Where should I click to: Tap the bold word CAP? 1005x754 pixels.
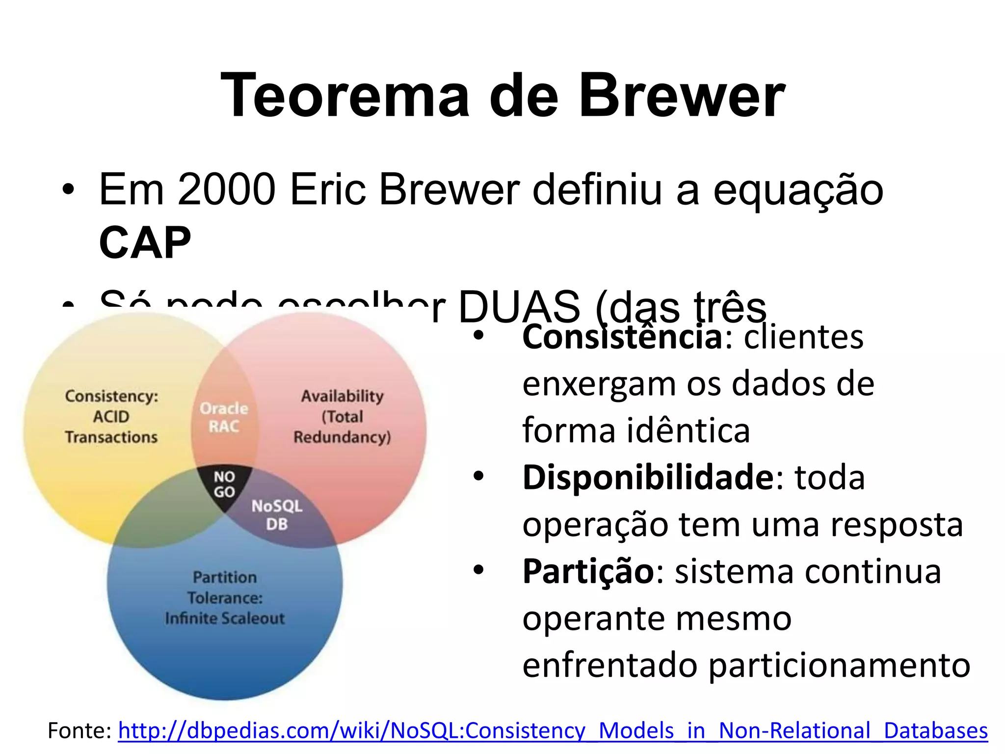coord(145,242)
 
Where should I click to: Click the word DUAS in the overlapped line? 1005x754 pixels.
coord(519,307)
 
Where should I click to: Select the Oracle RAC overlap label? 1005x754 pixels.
coord(224,417)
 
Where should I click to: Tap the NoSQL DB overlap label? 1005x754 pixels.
coord(277,515)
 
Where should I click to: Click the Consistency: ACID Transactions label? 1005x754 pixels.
coord(111,416)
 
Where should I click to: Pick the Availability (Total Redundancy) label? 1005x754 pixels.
coord(342,416)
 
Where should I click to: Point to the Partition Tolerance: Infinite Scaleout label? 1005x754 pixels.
coord(225,597)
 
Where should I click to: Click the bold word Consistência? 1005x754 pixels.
coord(622,338)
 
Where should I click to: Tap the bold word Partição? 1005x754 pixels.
coord(588,571)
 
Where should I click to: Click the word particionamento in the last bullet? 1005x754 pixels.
coord(839,666)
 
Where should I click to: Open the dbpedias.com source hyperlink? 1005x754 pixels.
coord(553,730)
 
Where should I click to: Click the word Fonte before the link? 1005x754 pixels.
coord(79,730)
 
